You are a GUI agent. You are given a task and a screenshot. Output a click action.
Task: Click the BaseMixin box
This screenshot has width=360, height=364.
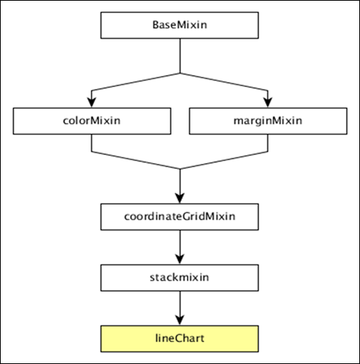(x=180, y=25)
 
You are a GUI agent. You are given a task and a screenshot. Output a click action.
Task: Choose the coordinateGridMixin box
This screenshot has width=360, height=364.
(x=180, y=216)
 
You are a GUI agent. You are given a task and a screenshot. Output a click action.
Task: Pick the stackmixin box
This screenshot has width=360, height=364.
(x=180, y=278)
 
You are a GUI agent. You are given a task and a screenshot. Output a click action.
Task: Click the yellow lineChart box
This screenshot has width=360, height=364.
(x=180, y=339)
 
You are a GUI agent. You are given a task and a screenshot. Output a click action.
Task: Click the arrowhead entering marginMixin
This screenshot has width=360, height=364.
(x=269, y=102)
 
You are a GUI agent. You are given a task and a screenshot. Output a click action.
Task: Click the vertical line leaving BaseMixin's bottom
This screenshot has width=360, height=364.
(x=180, y=55)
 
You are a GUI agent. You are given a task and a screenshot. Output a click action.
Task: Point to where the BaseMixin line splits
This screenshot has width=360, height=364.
(x=180, y=73)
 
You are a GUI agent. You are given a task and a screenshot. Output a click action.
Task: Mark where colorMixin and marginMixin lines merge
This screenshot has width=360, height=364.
(x=180, y=169)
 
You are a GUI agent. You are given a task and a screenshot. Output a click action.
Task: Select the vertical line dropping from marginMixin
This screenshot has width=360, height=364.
(x=269, y=144)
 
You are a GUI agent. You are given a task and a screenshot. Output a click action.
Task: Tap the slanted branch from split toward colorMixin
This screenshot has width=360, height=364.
(x=135, y=81)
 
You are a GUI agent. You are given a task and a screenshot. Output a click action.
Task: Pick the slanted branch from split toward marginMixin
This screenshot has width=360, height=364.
(x=225, y=81)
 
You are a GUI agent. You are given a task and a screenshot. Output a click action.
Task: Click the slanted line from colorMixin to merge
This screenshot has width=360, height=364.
(x=135, y=161)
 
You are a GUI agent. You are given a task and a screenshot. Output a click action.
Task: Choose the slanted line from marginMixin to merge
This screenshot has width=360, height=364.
(x=225, y=161)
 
